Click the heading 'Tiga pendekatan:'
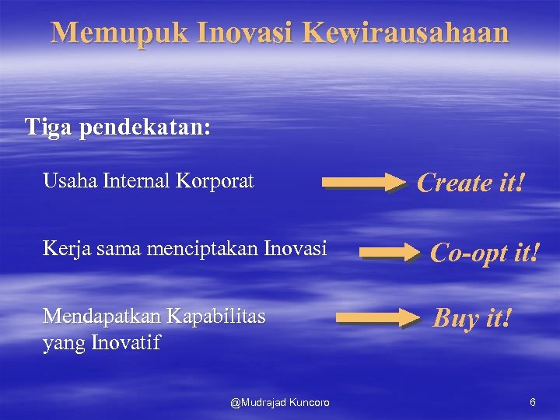click(x=117, y=127)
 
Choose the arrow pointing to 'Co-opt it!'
click(x=390, y=252)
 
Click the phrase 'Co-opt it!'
click(x=484, y=252)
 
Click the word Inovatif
click(x=125, y=342)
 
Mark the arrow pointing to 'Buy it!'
click(x=377, y=317)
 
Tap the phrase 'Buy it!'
click(x=472, y=317)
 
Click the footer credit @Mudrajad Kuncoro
click(x=280, y=402)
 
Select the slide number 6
click(x=532, y=402)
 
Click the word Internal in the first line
click(x=137, y=181)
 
